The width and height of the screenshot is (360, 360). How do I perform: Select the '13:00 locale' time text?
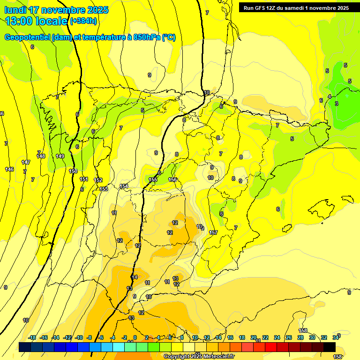click(36, 21)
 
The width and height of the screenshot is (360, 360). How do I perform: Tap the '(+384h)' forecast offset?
click(83, 21)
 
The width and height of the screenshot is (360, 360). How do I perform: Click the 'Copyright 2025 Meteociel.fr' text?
click(199, 356)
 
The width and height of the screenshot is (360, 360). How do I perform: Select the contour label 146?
click(9, 169)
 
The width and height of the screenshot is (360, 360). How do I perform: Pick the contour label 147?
click(26, 162)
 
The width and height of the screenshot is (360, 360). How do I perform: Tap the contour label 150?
click(73, 171)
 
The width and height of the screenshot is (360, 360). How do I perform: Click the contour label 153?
click(104, 189)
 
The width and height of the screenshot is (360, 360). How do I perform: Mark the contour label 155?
click(153, 180)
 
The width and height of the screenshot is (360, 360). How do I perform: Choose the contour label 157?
click(213, 232)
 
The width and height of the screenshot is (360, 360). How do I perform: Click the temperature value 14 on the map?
click(135, 277)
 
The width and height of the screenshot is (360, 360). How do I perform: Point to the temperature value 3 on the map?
click(336, 104)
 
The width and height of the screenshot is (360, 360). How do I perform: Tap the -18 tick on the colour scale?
click(32, 337)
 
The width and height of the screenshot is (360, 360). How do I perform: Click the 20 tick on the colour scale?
click(254, 337)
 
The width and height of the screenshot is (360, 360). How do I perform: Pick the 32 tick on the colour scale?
click(323, 337)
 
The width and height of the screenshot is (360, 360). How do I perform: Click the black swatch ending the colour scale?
click(329, 347)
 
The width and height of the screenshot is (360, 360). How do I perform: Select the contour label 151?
click(84, 179)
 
